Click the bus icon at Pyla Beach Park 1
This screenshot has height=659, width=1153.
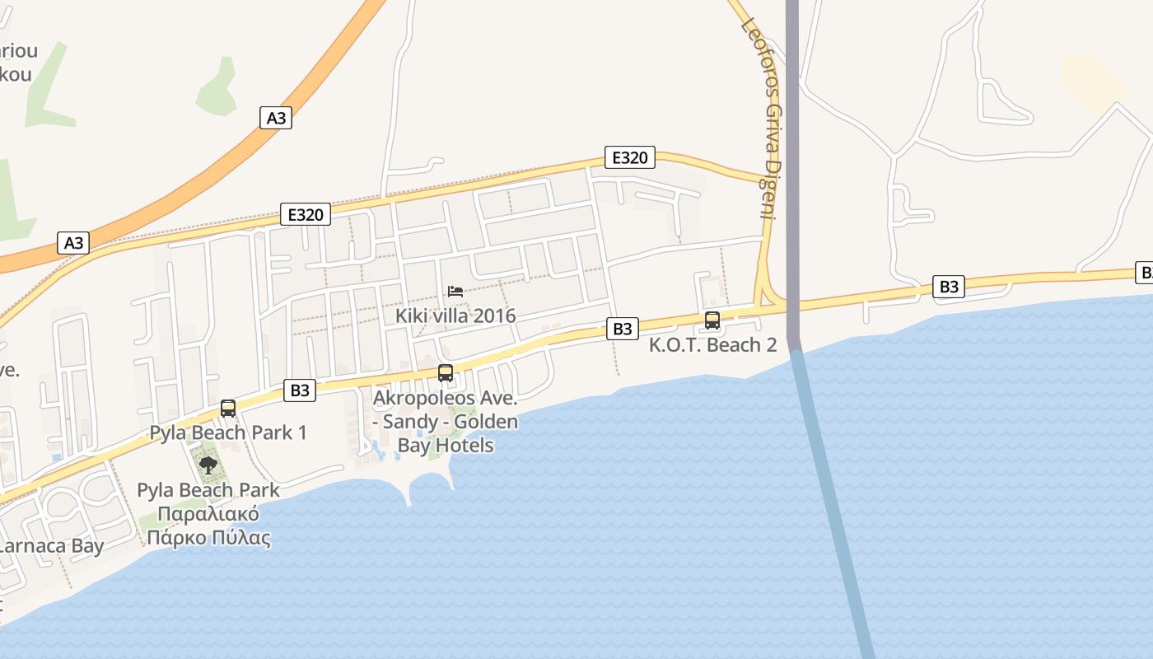228,408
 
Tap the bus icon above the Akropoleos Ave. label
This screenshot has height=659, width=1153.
446,373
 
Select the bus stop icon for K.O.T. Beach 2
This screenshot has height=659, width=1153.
712,320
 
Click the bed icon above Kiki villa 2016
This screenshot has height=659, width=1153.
455,291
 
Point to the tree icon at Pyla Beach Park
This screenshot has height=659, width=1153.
208,465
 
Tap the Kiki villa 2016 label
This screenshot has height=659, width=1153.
455,315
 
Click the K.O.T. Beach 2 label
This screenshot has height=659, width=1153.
712,344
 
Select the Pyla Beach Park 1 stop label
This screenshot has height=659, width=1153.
228,432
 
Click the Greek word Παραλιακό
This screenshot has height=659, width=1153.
208,515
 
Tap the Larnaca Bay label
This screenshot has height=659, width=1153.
51,545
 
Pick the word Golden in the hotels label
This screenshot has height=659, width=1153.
487,422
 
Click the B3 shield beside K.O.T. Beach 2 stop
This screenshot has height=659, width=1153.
623,329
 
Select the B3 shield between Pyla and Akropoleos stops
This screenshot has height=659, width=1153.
300,390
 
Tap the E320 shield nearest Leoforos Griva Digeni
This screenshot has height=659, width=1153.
629,157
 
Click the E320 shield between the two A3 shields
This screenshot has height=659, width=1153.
305,215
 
